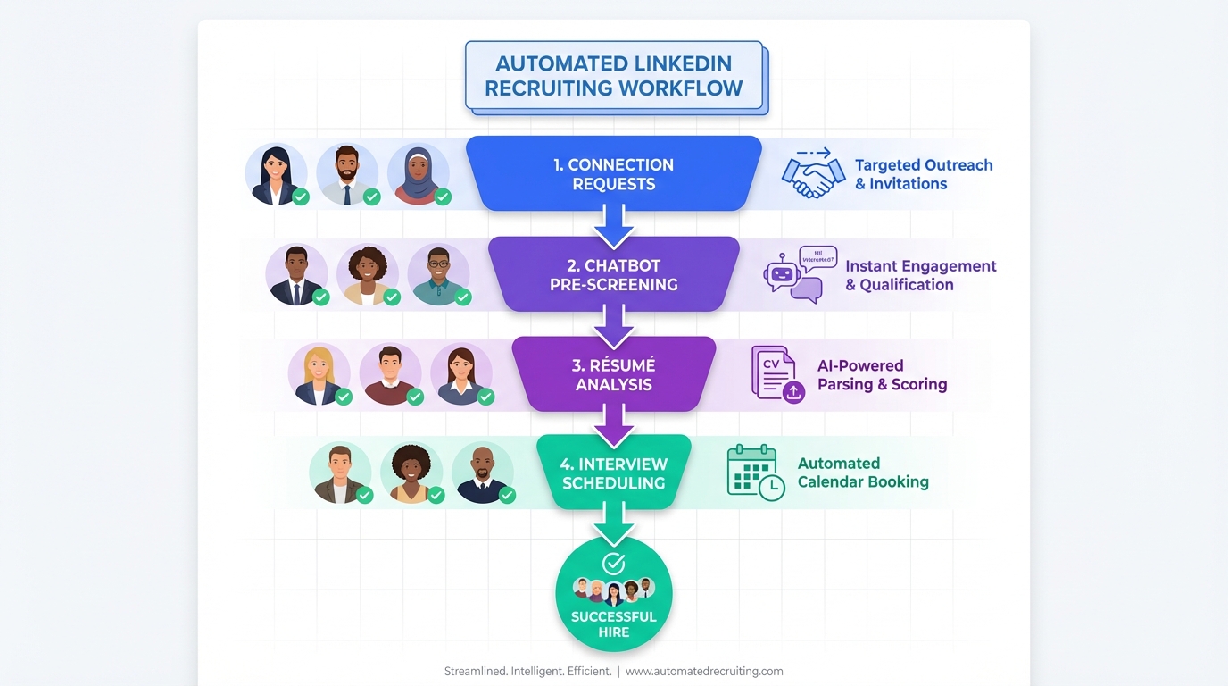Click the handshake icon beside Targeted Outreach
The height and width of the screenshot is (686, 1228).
pyautogui.click(x=813, y=175)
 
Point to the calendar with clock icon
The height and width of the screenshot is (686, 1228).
pyautogui.click(x=755, y=473)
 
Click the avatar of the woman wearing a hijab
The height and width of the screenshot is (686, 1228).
pyautogui.click(x=418, y=173)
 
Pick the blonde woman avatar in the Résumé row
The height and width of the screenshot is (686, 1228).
pyautogui.click(x=319, y=373)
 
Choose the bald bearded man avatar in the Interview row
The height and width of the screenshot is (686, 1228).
pyautogui.click(x=482, y=473)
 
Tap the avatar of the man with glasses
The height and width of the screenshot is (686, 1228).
pyautogui.click(x=438, y=274)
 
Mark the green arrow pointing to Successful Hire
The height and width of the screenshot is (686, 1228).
pyautogui.click(x=614, y=524)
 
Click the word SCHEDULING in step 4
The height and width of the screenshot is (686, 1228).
pyautogui.click(x=614, y=483)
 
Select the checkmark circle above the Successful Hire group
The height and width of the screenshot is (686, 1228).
pyautogui.click(x=614, y=563)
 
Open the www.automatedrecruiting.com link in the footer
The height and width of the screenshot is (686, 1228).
pyautogui.click(x=704, y=671)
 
